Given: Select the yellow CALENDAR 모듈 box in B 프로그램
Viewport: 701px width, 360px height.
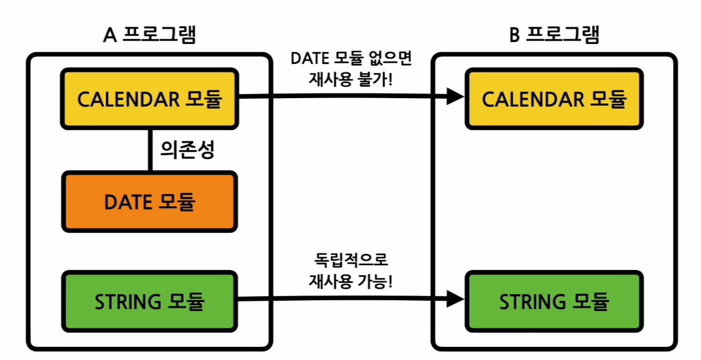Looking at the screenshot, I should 554,99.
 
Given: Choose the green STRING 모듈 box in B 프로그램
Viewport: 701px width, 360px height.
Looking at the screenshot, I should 554,301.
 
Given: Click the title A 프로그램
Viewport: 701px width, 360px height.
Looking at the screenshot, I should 150,35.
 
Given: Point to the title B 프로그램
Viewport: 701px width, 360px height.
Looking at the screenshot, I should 554,35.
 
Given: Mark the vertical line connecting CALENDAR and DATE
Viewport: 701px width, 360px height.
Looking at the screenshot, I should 150,151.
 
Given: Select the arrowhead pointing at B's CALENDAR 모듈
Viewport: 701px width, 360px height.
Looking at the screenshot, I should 454,96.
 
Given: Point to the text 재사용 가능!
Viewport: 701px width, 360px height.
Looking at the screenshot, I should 350,280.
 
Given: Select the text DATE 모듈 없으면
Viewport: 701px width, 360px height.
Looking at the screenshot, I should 350,59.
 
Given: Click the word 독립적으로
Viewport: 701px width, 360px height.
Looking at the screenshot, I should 350,261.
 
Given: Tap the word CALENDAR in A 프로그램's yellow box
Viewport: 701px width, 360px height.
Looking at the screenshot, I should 128,99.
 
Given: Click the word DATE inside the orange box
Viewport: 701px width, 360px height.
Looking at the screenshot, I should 128,201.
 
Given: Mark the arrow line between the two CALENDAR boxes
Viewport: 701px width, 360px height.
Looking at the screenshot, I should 343,96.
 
